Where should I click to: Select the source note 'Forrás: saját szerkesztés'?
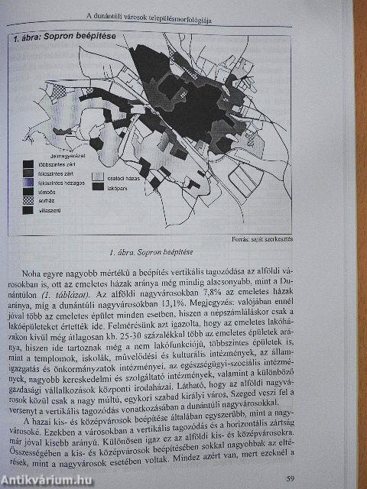pos(262,238)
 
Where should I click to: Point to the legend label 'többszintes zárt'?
pos(53,164)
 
